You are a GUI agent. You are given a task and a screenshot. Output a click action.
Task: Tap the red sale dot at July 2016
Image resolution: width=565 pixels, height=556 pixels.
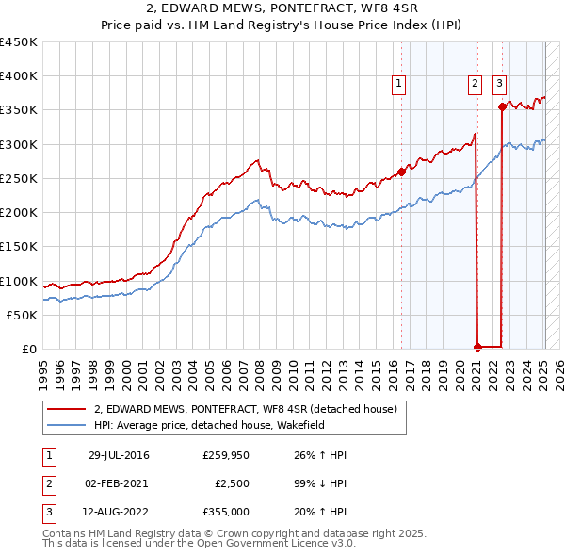coord(401,172)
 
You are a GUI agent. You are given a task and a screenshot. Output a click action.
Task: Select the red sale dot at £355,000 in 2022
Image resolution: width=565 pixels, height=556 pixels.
coord(502,106)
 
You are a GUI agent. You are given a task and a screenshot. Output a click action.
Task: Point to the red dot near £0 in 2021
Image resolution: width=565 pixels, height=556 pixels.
coord(477,347)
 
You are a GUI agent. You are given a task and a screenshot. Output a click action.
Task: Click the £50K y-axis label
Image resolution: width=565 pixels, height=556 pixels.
coord(22,315)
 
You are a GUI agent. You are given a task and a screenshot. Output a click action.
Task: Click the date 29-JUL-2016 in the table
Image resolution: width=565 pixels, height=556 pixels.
coord(119,455)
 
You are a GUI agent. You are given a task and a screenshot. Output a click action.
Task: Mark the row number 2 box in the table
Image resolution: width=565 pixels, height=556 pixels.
coord(47,483)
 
